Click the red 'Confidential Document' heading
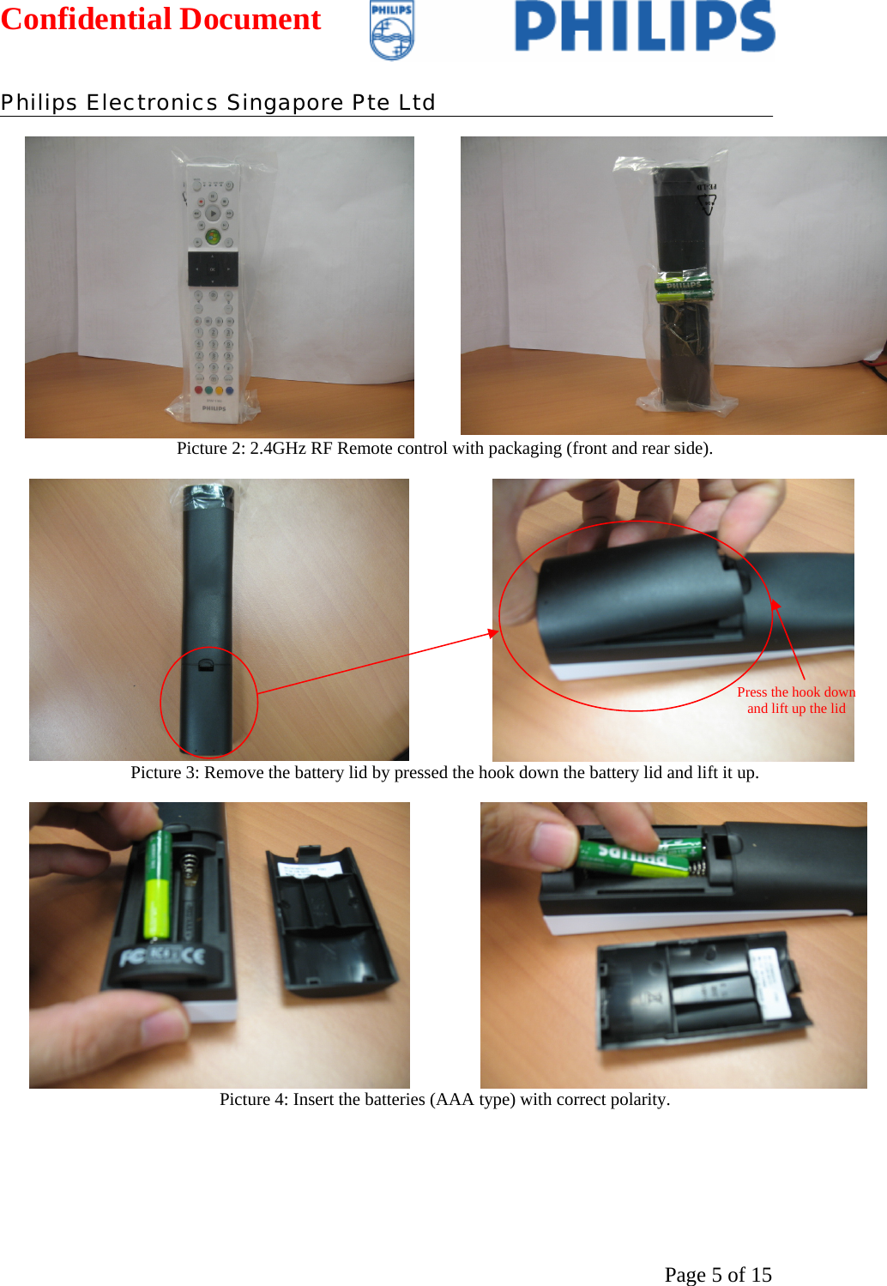point(160,20)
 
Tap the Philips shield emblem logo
point(391,31)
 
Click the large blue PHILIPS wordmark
point(644,27)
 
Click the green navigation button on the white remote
point(213,236)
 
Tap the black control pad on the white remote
point(212,269)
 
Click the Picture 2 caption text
point(444,448)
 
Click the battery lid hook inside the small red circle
point(206,664)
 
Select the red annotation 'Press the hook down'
point(796,691)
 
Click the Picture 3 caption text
point(444,772)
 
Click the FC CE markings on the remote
point(163,956)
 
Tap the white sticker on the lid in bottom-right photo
point(771,980)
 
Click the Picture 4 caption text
point(444,1099)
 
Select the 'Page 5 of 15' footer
point(718,1274)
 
